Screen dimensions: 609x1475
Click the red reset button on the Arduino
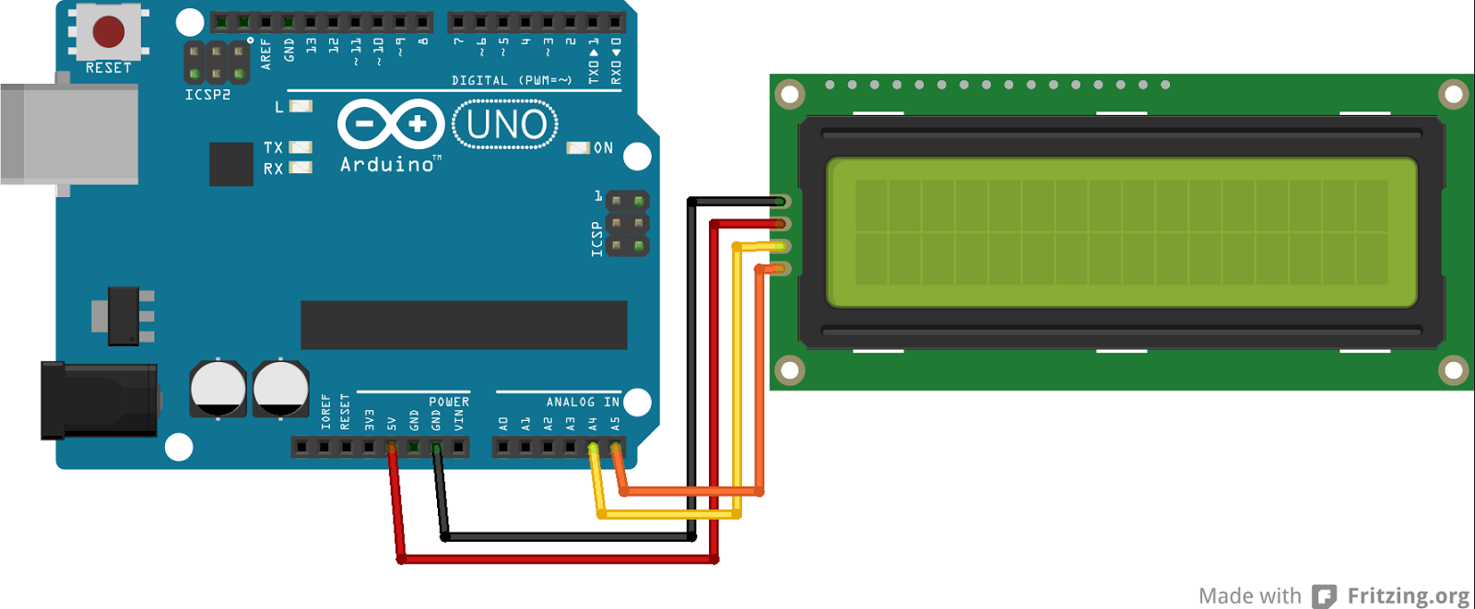(109, 31)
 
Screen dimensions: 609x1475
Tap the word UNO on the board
(506, 124)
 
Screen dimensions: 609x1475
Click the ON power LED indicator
(578, 147)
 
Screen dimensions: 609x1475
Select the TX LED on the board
(301, 147)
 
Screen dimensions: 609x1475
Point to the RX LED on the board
(301, 168)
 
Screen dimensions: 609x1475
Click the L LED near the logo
(301, 106)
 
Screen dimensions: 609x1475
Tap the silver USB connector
(69, 135)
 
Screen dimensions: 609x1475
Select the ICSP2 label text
(207, 95)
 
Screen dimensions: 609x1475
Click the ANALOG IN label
(583, 402)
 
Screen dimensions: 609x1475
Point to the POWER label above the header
(449, 402)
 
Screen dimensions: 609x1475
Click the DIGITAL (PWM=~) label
(512, 81)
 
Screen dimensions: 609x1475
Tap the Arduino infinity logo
(391, 123)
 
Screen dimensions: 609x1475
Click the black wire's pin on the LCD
(781, 202)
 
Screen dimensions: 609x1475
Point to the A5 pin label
(615, 424)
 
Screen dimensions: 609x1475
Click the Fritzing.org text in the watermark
(1408, 596)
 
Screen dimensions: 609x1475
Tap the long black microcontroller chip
(464, 325)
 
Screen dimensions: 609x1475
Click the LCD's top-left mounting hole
(790, 94)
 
